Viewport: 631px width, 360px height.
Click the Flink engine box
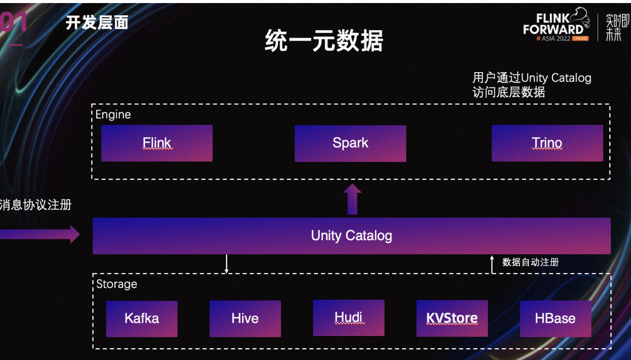[x=156, y=143]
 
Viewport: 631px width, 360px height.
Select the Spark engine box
[x=350, y=143]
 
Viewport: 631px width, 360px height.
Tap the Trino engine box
[x=548, y=143]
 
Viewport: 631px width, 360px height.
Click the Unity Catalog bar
[x=352, y=236]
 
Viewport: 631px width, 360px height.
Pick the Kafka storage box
[x=142, y=319]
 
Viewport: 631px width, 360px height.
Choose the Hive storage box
[x=245, y=318]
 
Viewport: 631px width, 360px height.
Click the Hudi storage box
[x=348, y=318]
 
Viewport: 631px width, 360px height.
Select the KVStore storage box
[x=452, y=318]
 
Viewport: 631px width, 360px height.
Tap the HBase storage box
[x=555, y=318]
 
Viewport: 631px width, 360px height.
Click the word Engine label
[x=113, y=114]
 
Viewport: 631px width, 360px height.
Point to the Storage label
[x=117, y=284]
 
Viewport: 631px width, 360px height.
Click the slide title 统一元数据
[x=324, y=41]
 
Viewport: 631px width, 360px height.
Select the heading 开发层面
[x=97, y=23]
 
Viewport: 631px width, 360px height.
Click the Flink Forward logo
[x=556, y=25]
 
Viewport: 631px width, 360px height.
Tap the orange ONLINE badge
[x=580, y=38]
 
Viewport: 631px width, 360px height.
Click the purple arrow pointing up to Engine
[x=352, y=199]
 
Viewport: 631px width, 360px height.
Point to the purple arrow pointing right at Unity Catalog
[x=40, y=234]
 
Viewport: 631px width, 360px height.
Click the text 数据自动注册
[x=530, y=262]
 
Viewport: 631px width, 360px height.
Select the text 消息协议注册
[x=35, y=205]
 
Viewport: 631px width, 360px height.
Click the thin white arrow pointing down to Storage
[x=226, y=264]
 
